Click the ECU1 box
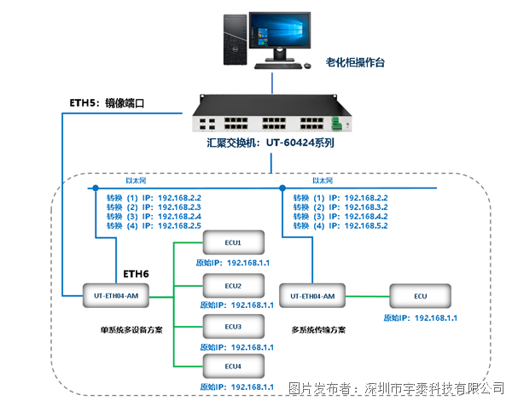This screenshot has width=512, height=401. point(233,244)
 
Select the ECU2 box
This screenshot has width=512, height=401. point(233,286)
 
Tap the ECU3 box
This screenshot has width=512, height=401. point(233,327)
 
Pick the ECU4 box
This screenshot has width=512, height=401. point(233,368)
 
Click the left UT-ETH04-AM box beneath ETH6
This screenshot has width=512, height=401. point(116,295)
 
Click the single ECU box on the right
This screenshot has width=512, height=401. point(420,295)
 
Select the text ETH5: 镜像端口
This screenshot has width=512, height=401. point(106,103)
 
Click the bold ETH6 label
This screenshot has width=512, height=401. point(136,274)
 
